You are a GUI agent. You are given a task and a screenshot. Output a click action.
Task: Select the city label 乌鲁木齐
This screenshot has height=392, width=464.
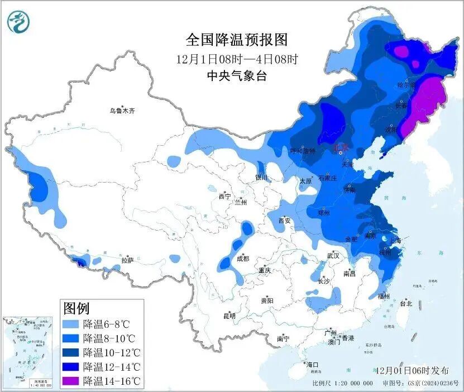(x=122, y=111)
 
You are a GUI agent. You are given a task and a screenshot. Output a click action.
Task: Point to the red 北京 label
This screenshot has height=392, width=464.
(x=340, y=148)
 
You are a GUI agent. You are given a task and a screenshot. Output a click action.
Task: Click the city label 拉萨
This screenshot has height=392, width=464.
(x=127, y=260)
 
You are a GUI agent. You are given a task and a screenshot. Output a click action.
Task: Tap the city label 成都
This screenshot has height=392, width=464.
(x=242, y=259)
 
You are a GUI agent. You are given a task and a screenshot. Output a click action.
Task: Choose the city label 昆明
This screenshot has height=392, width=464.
(x=229, y=316)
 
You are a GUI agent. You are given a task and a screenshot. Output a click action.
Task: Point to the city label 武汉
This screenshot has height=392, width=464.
(x=333, y=255)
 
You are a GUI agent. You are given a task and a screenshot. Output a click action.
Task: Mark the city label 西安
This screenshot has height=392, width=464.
(x=285, y=221)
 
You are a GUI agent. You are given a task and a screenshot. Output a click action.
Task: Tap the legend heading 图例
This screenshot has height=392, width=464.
(x=76, y=308)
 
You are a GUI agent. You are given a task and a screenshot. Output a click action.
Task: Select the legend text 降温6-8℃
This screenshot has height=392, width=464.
(x=106, y=324)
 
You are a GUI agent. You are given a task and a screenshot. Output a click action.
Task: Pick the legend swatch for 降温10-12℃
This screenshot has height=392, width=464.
(x=70, y=352)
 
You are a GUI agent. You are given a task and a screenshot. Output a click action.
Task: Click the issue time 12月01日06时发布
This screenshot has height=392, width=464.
(x=412, y=370)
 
